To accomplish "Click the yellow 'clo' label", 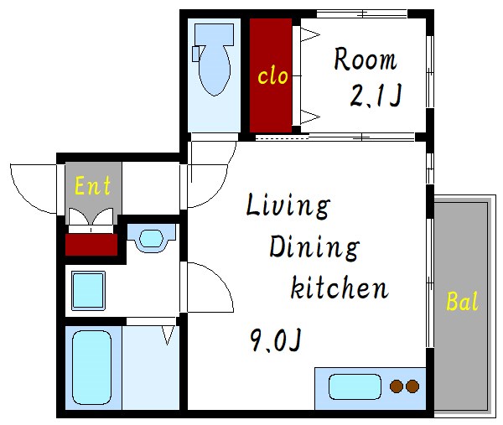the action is [x=272, y=76].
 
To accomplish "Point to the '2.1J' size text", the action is [x=376, y=96].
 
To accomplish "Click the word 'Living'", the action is [x=288, y=207].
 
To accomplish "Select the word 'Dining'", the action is [x=314, y=246].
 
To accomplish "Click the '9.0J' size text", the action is [x=276, y=340].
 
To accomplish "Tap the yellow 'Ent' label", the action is [x=92, y=185].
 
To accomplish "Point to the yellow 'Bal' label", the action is [x=462, y=301].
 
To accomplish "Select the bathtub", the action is [x=91, y=368].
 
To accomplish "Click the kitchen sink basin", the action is [x=355, y=386].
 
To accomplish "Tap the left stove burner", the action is [x=397, y=386].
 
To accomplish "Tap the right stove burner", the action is [x=412, y=386].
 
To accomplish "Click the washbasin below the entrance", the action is [x=152, y=238].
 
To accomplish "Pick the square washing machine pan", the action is [x=89, y=291].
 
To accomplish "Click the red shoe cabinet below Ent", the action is [x=91, y=245].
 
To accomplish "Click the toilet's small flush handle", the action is [x=196, y=54].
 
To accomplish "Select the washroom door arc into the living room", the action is [x=217, y=278].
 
